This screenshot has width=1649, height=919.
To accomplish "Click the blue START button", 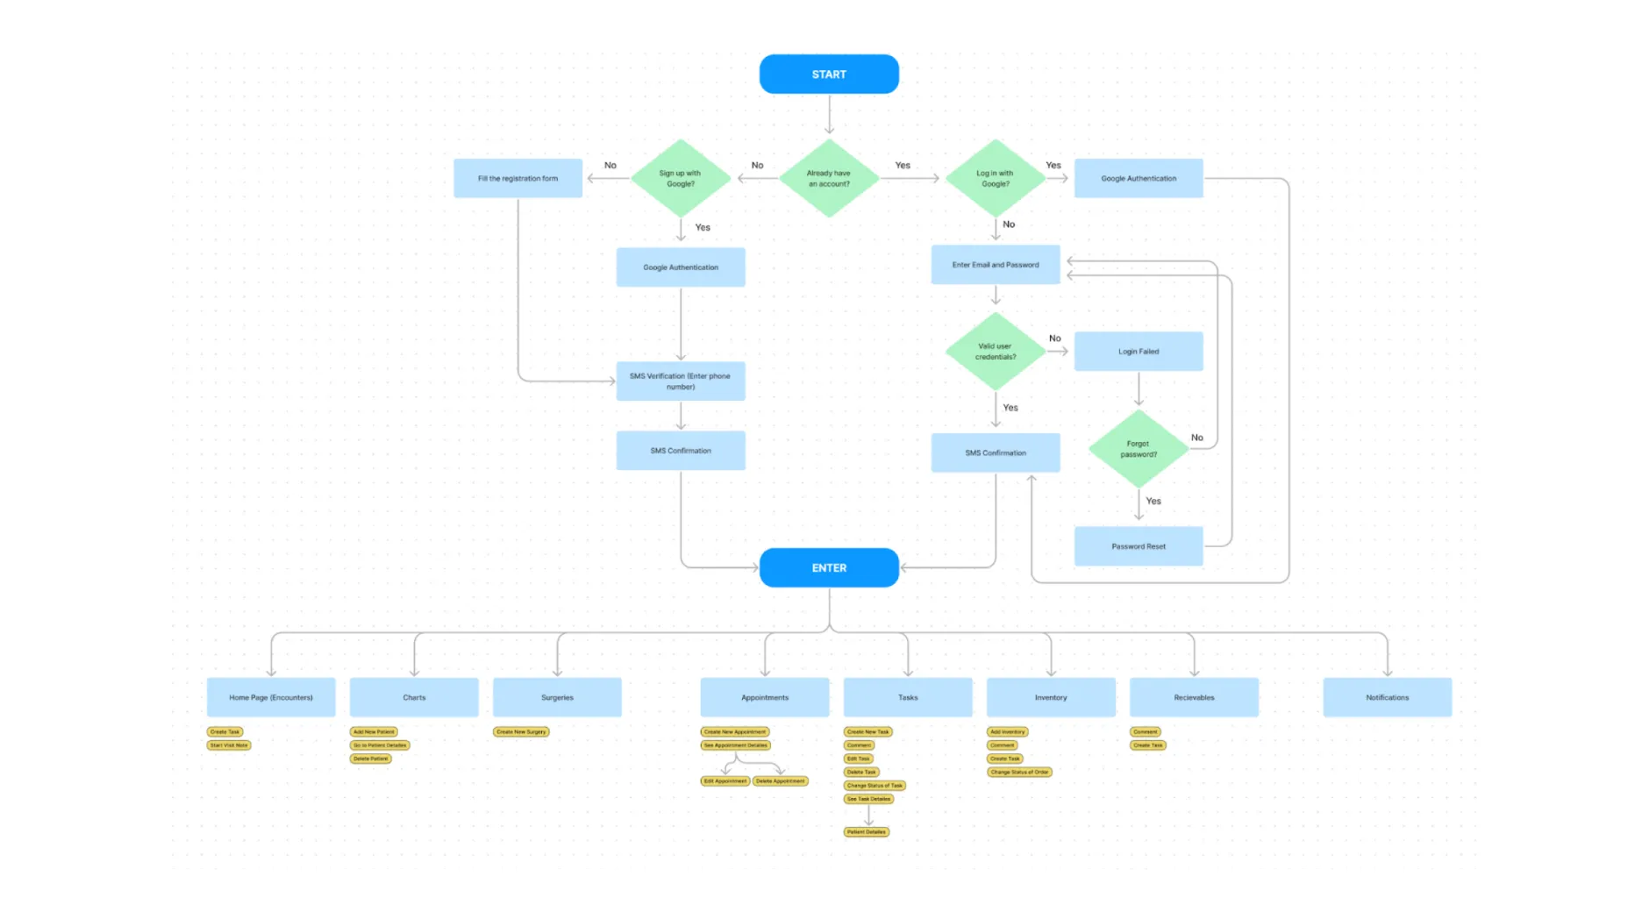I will pos(829,75).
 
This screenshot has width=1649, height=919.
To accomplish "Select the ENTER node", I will pos(829,567).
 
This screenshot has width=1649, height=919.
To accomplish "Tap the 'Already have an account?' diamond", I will pos(829,178).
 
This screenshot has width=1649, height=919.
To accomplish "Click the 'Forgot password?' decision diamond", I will pos(1139,449).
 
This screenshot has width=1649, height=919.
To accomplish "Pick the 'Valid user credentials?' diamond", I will pos(996,352).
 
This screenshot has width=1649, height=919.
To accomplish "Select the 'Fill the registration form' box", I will pos(518,178).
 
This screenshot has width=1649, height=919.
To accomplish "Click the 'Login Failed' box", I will pos(1139,352).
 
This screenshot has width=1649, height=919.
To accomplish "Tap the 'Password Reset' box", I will pos(1139,546).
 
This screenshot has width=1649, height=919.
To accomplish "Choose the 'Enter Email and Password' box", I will pos(996,265).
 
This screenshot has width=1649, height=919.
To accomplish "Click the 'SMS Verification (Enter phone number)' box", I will pos(681,381).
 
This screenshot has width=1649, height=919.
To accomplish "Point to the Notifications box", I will pos(1387,697).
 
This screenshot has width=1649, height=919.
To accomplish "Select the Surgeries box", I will pos(557,697).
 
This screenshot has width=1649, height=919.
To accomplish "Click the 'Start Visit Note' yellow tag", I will pos(229,745).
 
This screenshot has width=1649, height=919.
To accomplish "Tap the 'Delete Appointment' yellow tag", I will pos(780,780).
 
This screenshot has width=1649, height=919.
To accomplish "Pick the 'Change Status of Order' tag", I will pos(1019,773).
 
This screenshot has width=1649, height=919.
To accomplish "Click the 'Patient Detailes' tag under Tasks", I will pos(867,832).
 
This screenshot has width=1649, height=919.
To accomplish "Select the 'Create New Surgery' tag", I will pos(521,731).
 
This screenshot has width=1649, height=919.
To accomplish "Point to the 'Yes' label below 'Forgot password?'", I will pos(1153,501).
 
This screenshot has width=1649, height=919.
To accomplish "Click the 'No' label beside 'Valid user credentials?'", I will pos(1055,338).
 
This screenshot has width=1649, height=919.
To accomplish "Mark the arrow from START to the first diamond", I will pos(829,114).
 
